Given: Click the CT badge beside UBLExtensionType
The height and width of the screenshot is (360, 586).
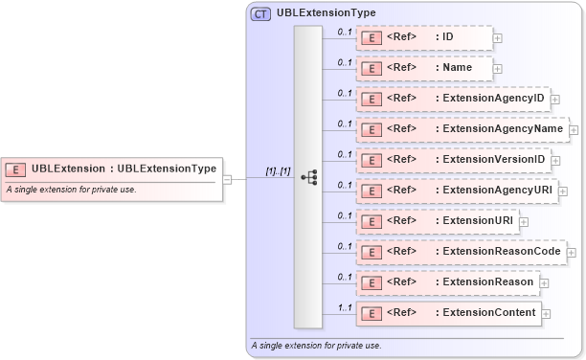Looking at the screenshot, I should coord(260,13).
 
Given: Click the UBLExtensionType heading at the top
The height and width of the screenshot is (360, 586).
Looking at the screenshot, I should coord(326,13).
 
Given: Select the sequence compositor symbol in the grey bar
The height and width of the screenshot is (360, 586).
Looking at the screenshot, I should coord(308,177).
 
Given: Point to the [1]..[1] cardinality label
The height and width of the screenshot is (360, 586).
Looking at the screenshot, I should coord(278,170).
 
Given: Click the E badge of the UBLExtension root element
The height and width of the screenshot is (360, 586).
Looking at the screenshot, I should coord(15,169).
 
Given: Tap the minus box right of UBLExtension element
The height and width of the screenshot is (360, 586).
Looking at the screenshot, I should coord(227,178).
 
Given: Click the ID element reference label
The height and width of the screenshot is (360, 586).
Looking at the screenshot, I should coord(447,37).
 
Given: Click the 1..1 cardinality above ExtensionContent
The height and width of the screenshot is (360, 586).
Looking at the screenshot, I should coord(345,307).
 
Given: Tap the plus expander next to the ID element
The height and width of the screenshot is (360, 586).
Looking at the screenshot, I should coord(497,38).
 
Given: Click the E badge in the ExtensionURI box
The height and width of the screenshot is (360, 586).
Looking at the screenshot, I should coord(371,221).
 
